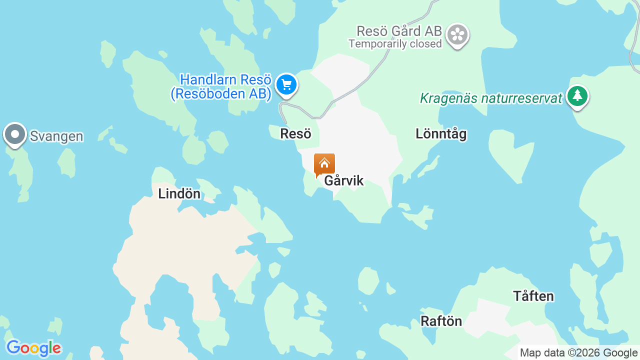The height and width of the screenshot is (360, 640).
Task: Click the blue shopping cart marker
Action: [x=286, y=84]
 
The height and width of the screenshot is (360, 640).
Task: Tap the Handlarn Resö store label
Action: [x=225, y=80]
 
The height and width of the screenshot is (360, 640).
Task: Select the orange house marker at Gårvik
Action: [x=324, y=164]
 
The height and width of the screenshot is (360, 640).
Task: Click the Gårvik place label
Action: [x=344, y=181]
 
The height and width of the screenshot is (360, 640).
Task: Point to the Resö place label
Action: [x=295, y=134]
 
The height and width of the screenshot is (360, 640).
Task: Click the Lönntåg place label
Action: [x=441, y=134]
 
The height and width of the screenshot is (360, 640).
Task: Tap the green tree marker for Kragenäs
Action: [x=577, y=95]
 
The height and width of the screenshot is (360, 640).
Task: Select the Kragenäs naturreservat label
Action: [x=491, y=98]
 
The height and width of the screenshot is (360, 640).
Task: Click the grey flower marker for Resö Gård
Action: [x=457, y=34]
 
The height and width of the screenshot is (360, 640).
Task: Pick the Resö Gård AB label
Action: [x=399, y=31]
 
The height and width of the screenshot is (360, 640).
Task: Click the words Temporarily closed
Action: [x=395, y=44]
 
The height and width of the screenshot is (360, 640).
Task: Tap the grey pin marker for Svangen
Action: [x=15, y=134]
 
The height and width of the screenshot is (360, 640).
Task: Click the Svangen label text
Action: [x=56, y=136]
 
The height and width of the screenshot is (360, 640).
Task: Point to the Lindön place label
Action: [x=179, y=194]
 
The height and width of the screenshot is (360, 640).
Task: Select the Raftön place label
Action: [x=441, y=321]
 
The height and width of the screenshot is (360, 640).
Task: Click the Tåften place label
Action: [x=533, y=296]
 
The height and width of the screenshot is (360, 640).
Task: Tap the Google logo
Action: [x=33, y=348]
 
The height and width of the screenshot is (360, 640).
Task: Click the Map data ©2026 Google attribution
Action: [x=578, y=353]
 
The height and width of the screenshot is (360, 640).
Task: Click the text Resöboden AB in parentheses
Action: [x=221, y=94]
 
